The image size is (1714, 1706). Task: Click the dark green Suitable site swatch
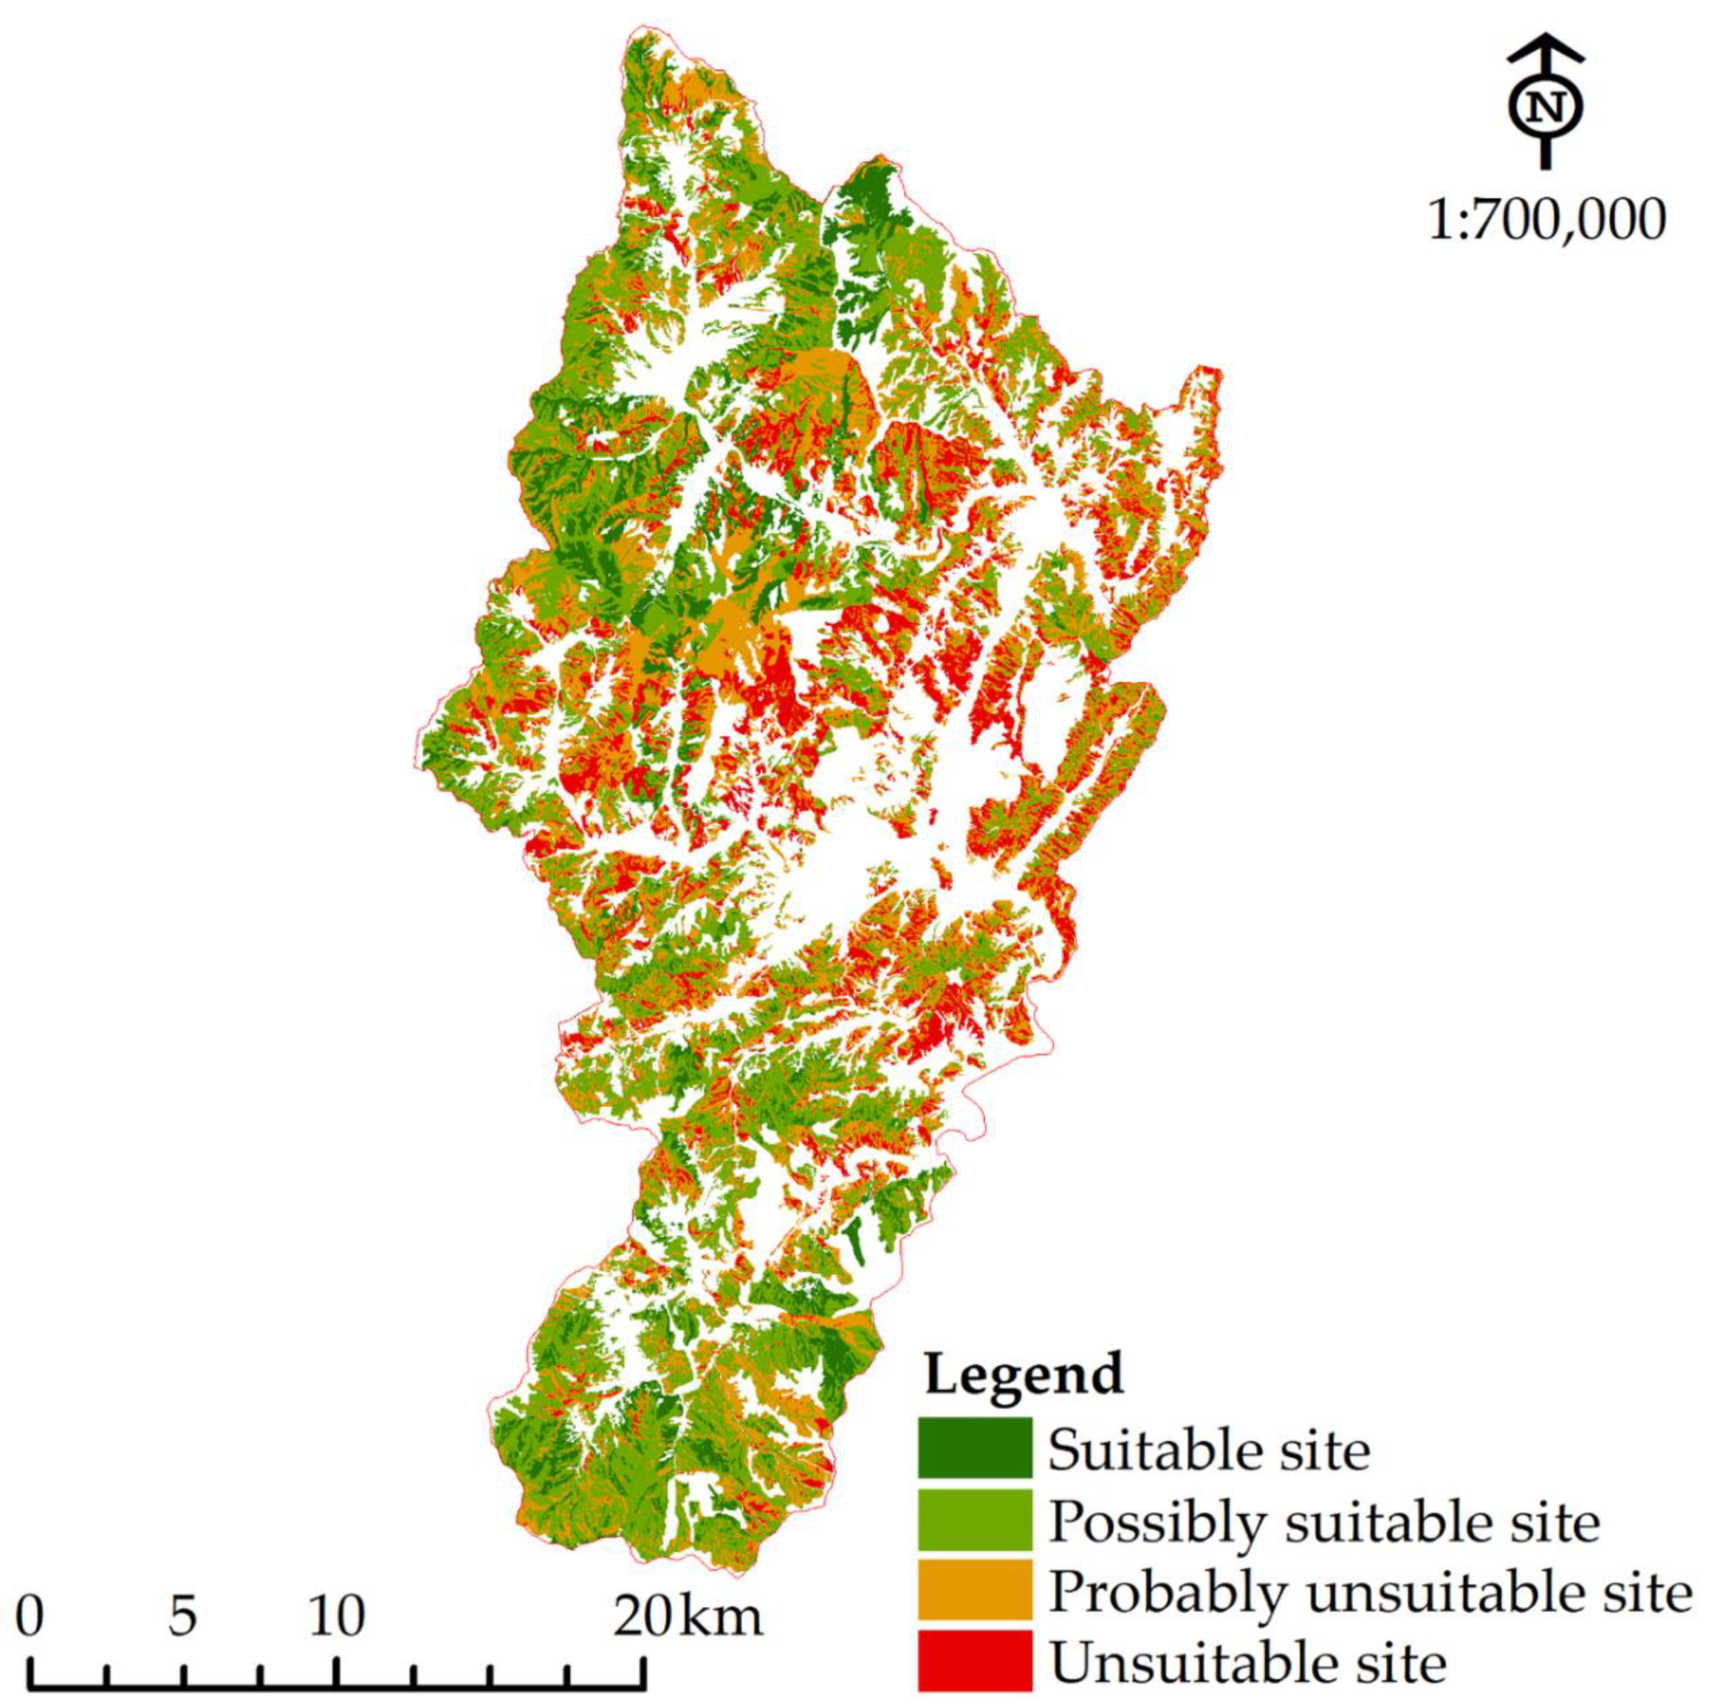(974, 1448)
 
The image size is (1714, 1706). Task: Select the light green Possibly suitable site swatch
(974, 1520)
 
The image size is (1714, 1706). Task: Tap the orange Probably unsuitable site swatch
(974, 1592)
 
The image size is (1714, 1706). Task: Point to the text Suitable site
(1209, 1450)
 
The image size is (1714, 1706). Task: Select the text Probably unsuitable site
(1370, 1592)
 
